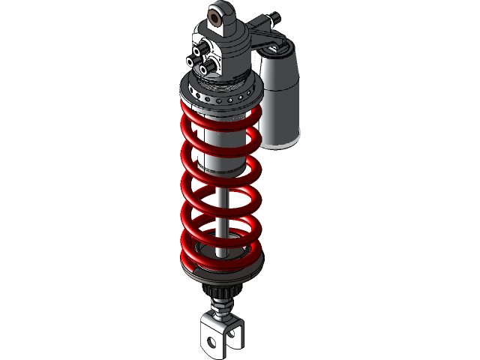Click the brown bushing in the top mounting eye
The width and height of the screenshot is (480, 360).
[222, 19]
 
